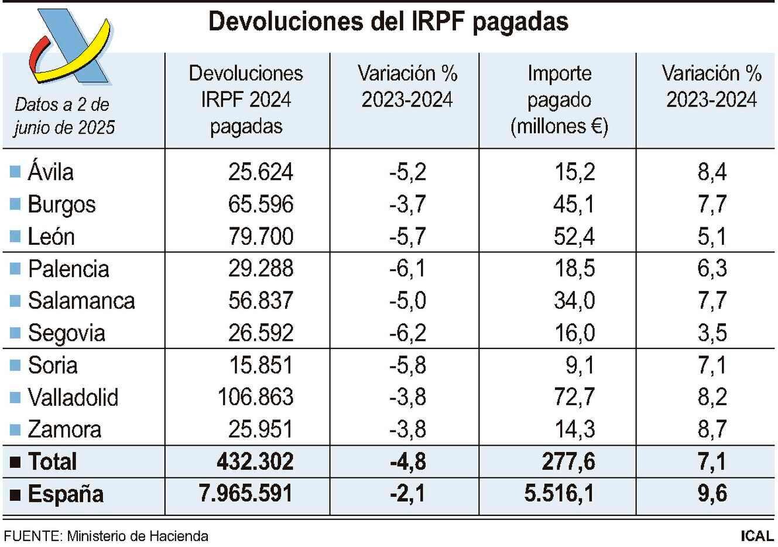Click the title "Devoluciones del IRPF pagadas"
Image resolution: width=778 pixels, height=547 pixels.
(388, 22)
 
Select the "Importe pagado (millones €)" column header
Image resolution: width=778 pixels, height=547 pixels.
(558, 100)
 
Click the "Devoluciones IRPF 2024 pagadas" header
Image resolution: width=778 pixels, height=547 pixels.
(246, 100)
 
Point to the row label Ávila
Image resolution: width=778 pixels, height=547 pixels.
(50, 172)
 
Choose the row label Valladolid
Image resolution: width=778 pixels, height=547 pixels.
(73, 398)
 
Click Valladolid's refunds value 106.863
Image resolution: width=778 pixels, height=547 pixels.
(255, 398)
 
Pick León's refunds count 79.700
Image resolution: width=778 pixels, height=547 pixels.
(261, 237)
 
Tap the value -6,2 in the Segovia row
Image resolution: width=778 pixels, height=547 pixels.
(407, 333)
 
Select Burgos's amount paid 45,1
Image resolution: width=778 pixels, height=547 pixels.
(574, 204)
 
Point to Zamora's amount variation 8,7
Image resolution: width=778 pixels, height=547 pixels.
(712, 430)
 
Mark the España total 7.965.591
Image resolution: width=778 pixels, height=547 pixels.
(246, 494)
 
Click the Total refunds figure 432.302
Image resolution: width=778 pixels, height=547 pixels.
(255, 462)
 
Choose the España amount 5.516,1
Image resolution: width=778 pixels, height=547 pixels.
(559, 494)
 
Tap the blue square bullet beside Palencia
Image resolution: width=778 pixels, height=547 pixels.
(15, 269)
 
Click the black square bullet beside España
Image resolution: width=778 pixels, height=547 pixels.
(15, 495)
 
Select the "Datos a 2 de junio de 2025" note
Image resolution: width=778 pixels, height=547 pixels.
(64, 116)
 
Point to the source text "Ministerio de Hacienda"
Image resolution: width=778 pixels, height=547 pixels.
(137, 536)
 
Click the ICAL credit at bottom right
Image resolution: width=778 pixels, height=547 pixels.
(756, 536)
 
